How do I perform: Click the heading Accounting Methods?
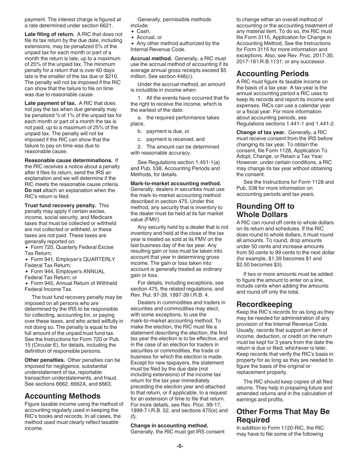[63, 396]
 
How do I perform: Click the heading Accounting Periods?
[272, 73]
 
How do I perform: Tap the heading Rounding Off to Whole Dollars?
[265, 210]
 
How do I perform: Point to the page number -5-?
[180, 446]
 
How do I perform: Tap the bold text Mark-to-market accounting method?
[176, 183]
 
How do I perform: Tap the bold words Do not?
[33, 190]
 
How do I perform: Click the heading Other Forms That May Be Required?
[283, 416]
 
